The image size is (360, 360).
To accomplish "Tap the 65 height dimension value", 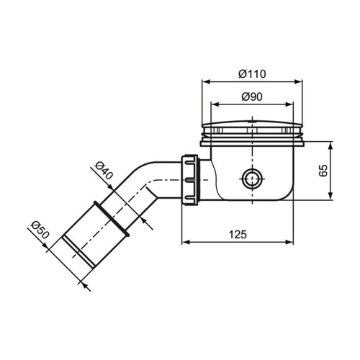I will [x=345, y=171].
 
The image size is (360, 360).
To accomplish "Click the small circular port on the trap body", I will [x=252, y=177].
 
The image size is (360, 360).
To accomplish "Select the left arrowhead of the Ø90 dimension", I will [x=212, y=105].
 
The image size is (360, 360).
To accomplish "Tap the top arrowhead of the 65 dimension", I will [x=330, y=144].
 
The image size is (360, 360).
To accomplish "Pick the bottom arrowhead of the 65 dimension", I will [x=330, y=199].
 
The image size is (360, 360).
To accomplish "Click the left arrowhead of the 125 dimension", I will [x=182, y=243].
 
